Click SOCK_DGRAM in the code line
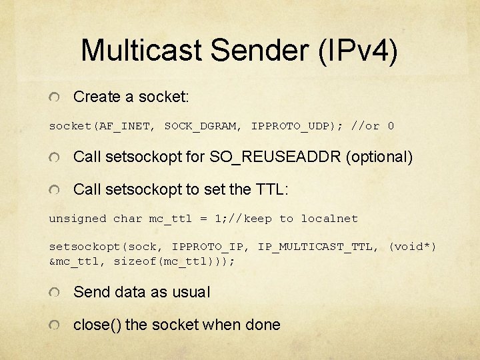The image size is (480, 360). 203,126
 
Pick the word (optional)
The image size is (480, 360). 378,157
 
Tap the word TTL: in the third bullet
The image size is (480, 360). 272,189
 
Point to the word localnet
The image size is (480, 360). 329,219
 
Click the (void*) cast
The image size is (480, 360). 412,247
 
